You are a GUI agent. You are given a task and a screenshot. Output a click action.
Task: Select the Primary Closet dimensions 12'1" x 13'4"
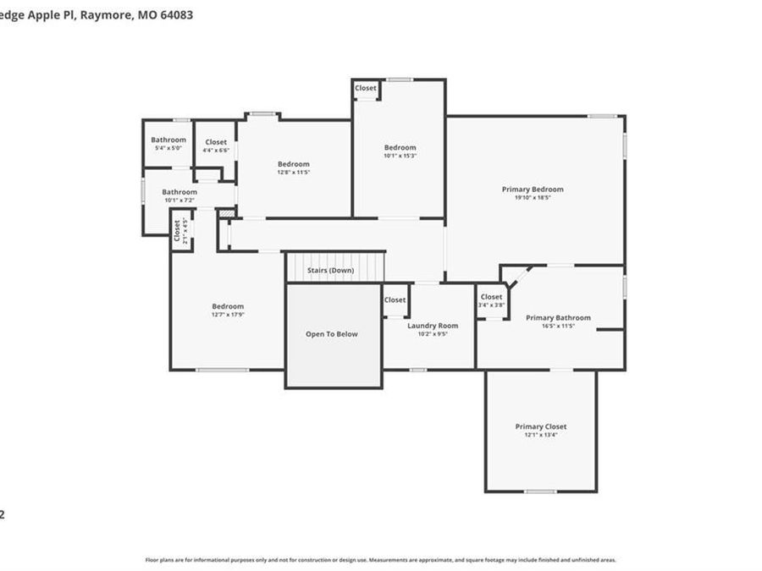541,435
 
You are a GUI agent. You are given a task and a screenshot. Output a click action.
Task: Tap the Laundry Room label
433,326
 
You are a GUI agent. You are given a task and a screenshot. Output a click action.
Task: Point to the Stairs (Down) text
330,271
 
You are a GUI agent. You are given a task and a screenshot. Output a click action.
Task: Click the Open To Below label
332,334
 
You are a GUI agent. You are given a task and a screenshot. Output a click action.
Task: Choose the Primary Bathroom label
558,318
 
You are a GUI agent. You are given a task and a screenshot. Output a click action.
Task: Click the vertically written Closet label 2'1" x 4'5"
178,230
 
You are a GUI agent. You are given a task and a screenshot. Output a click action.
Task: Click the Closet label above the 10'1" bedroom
366,88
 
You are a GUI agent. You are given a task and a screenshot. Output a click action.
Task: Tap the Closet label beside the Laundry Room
395,299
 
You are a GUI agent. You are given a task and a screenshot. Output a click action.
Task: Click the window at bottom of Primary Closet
540,491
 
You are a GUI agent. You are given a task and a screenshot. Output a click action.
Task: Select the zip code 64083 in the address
176,14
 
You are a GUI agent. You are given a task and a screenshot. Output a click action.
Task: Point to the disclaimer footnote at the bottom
381,560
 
